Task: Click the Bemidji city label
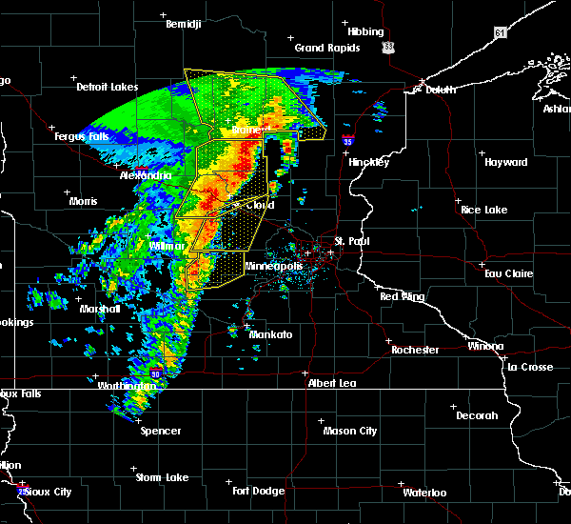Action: coord(184,24)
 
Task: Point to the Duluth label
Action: coord(436,90)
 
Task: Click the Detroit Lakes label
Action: coord(107,87)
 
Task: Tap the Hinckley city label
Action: coord(368,162)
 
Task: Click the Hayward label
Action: coord(505,162)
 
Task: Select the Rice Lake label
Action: coord(483,210)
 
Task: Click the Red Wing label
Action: coord(402,297)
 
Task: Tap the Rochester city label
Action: coord(415,350)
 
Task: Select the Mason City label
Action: coord(351,431)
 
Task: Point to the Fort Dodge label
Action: coord(258,491)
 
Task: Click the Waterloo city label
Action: coord(425,493)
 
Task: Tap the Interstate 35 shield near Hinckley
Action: coord(349,141)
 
